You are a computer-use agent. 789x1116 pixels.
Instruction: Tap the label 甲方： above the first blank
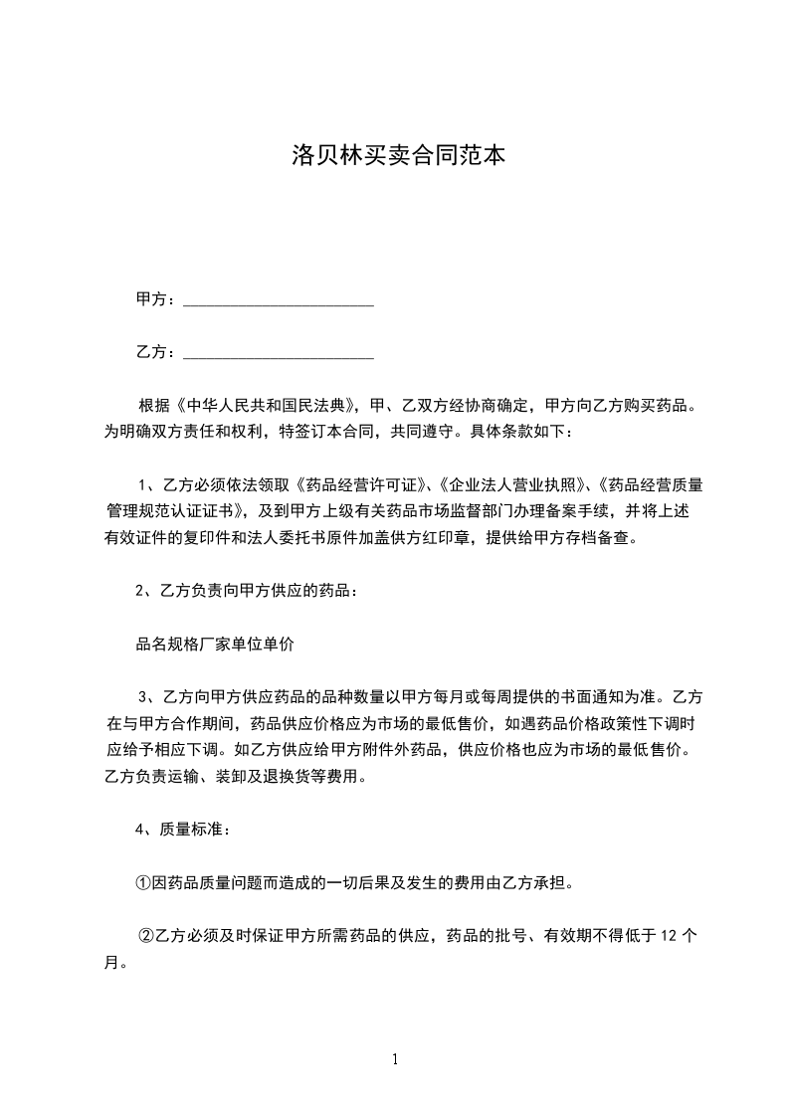pyautogui.click(x=156, y=299)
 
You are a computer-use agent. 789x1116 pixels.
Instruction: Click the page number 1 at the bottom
pyautogui.click(x=395, y=1059)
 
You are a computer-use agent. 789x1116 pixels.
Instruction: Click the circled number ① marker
pyautogui.click(x=143, y=882)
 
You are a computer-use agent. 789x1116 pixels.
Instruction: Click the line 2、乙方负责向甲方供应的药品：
pyautogui.click(x=246, y=591)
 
